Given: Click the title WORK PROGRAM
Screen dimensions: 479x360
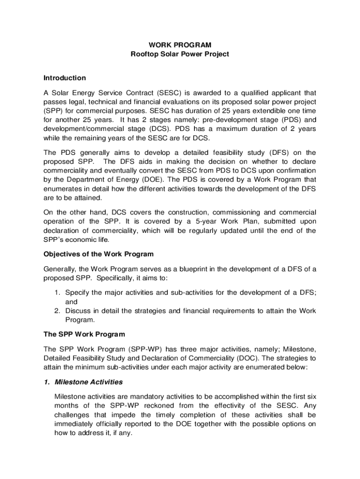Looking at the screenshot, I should [x=180, y=45].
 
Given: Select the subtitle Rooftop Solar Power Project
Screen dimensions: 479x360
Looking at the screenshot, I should [x=180, y=54].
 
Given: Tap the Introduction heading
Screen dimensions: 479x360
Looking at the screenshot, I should [x=65, y=78].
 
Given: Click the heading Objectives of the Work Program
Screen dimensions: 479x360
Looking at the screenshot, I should [x=99, y=254].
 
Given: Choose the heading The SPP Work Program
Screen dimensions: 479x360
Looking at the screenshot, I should [x=84, y=334].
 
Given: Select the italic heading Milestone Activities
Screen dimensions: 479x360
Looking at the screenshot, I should [x=89, y=382].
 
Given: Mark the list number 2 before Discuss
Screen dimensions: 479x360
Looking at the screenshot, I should [x=58, y=311].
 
